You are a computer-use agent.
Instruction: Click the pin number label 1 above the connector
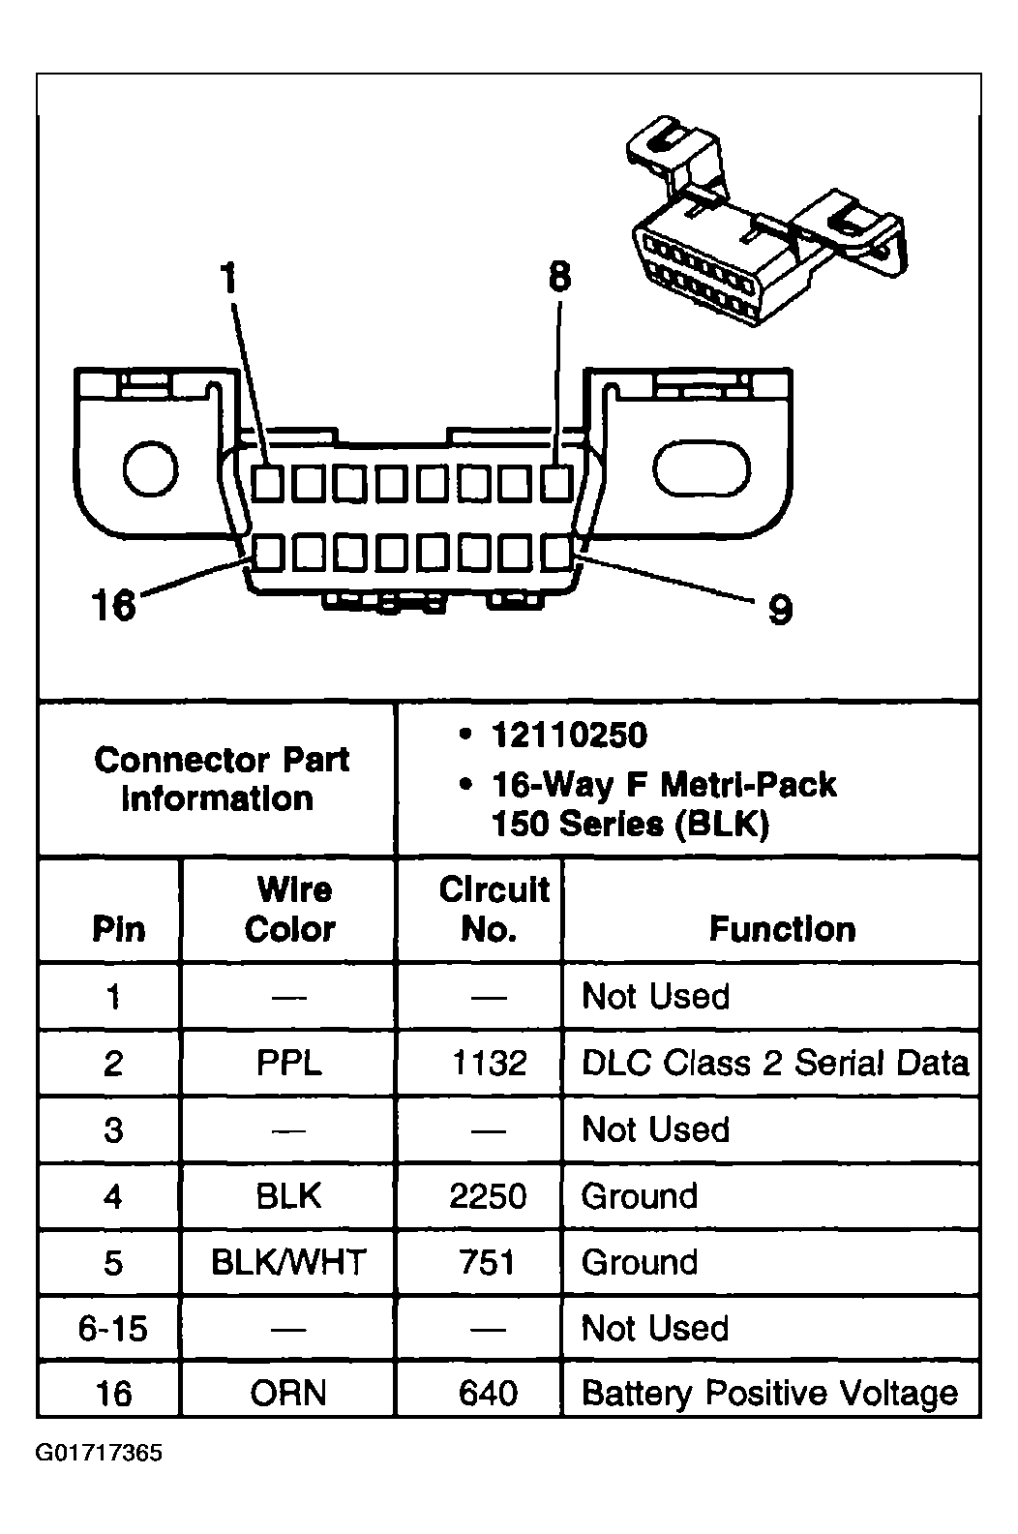click(x=228, y=279)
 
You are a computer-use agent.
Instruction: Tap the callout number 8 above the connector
click(x=559, y=278)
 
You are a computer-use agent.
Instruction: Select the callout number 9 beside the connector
click(x=780, y=610)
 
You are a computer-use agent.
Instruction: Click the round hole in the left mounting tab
click(x=151, y=469)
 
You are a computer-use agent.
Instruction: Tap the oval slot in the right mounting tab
click(x=703, y=469)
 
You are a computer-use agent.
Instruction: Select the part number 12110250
click(x=569, y=736)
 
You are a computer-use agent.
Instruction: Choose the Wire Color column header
click(x=289, y=909)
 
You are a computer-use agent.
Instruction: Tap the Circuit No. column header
click(x=494, y=909)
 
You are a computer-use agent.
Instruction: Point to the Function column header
click(x=782, y=929)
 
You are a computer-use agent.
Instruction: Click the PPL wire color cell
click(x=289, y=1063)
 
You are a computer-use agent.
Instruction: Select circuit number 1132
click(x=489, y=1063)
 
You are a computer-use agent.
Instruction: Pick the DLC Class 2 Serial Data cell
click(x=774, y=1063)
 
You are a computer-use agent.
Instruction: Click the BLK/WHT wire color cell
click(x=289, y=1262)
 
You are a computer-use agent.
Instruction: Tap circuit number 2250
click(x=489, y=1196)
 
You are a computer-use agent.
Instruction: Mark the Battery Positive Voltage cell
click(x=769, y=1394)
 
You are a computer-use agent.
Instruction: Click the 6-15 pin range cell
click(x=113, y=1328)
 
